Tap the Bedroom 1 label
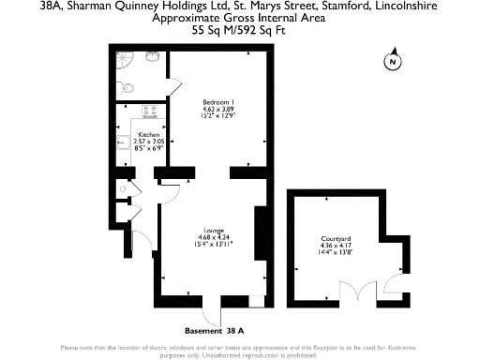coord(217,101)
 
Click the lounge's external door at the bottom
coord(214,307)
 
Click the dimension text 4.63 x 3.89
coord(217,110)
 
